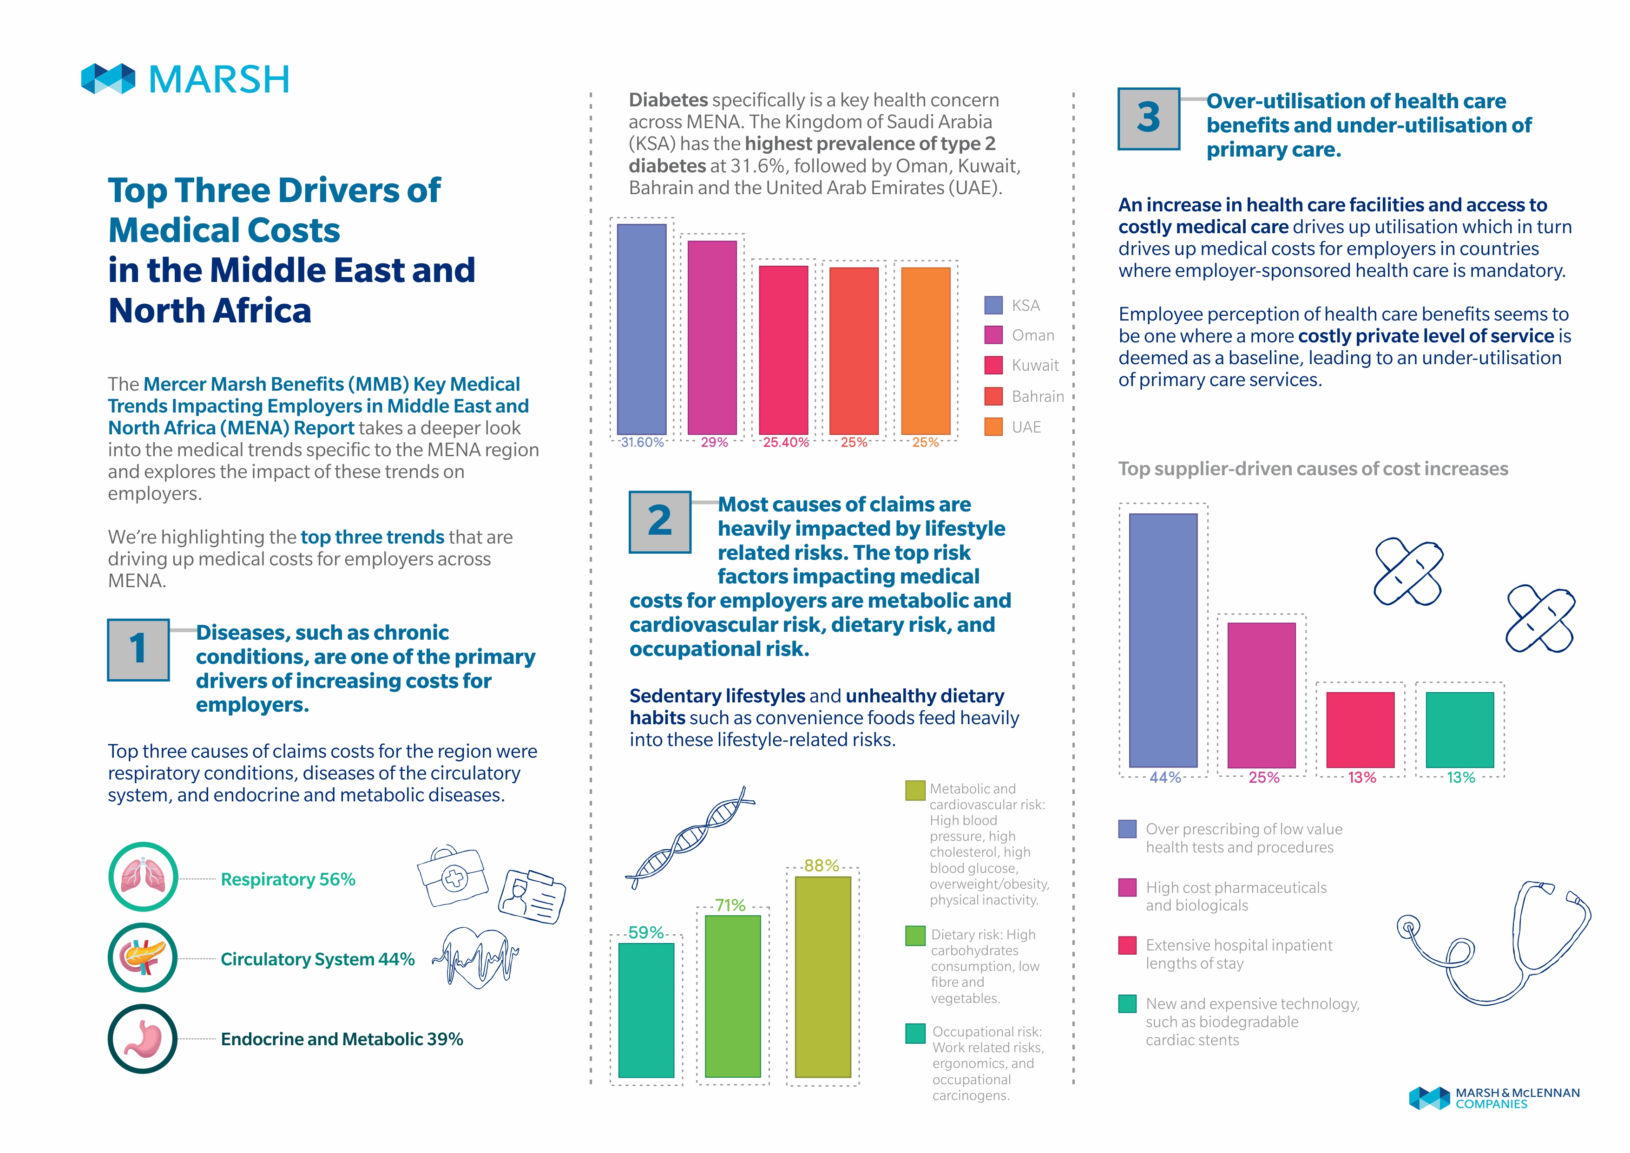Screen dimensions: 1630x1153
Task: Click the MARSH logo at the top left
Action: click(x=185, y=79)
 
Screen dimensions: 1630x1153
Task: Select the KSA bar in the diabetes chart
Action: click(x=642, y=329)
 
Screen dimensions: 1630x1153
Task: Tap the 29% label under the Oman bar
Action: click(x=714, y=442)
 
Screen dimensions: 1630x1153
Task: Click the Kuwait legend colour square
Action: click(x=993, y=365)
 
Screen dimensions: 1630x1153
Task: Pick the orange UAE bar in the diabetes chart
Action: click(x=926, y=351)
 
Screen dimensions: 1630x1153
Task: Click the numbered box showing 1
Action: click(x=138, y=649)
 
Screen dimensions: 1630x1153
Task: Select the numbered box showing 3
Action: click(x=1149, y=118)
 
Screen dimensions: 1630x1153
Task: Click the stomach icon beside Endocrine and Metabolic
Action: click(x=143, y=1039)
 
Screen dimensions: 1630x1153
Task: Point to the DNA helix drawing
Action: click(x=690, y=838)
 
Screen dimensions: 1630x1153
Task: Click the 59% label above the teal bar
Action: click(x=646, y=932)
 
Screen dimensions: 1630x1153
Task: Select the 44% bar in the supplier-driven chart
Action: click(x=1163, y=641)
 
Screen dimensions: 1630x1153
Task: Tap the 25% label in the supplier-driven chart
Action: click(x=1264, y=778)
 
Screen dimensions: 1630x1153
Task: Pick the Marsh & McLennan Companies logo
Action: click(x=1494, y=1098)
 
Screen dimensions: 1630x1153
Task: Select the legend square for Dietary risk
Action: click(x=915, y=936)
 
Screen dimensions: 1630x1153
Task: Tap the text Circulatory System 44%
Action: click(x=317, y=959)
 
